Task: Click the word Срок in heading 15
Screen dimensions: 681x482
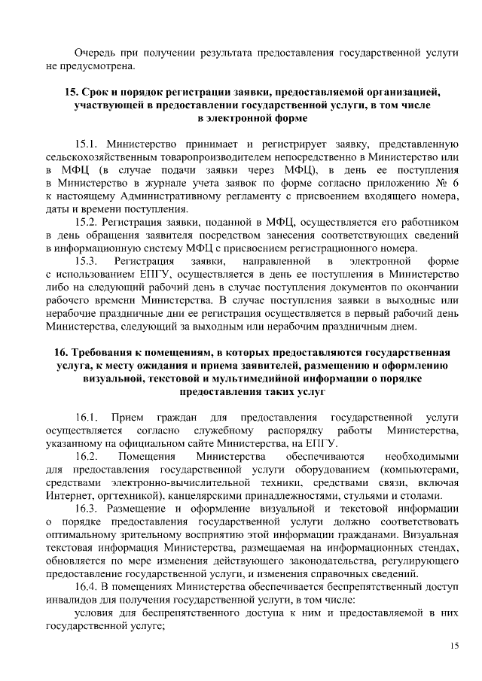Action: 98,92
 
